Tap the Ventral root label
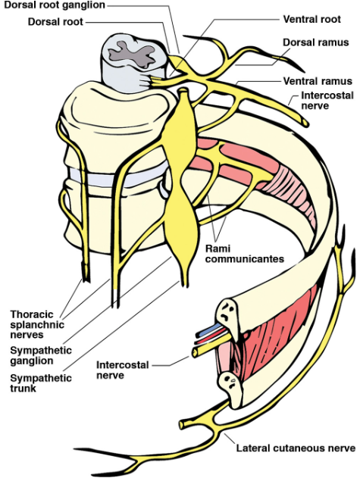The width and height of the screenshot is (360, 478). [311, 19]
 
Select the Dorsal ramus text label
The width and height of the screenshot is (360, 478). [316, 42]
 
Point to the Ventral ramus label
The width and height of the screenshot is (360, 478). [318, 81]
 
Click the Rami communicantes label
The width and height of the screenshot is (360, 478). [244, 254]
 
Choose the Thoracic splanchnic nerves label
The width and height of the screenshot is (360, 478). [37, 324]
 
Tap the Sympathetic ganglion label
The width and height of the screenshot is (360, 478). [41, 355]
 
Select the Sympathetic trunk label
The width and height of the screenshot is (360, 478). [41, 383]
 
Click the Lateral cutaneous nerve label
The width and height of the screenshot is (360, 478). [296, 448]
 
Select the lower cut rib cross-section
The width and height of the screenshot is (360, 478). [232, 385]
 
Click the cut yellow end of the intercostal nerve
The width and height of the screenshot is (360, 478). [194, 352]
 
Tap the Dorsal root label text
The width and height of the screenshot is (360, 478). [55, 22]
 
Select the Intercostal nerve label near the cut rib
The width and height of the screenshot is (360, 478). [123, 370]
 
